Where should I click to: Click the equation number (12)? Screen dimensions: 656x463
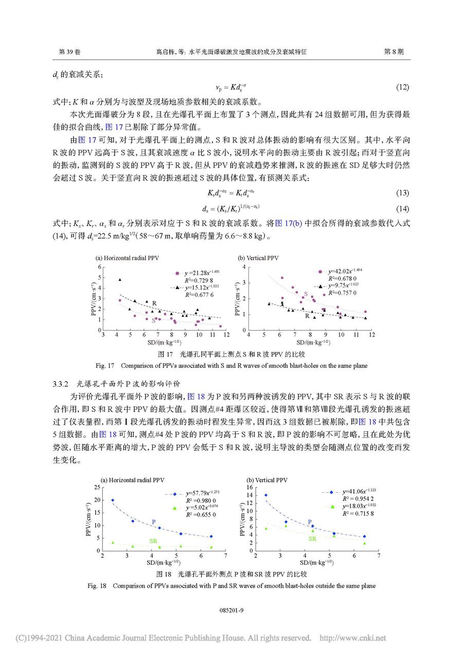point(402,88)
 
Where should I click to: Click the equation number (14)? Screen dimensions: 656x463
point(402,208)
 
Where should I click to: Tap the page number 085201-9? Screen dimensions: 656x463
point(231,610)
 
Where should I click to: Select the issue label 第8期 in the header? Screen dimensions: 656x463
point(394,52)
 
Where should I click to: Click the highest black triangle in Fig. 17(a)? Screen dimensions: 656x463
point(120,280)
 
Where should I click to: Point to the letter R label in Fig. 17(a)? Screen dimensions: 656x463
point(154,302)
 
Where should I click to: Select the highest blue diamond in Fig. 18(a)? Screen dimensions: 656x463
point(113,500)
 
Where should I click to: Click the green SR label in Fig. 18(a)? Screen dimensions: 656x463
point(153,541)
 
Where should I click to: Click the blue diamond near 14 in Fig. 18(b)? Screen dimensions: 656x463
point(266,495)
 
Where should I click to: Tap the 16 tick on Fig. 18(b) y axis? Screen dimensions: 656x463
point(250,487)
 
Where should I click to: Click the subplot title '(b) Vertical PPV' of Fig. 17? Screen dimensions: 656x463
point(258,258)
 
